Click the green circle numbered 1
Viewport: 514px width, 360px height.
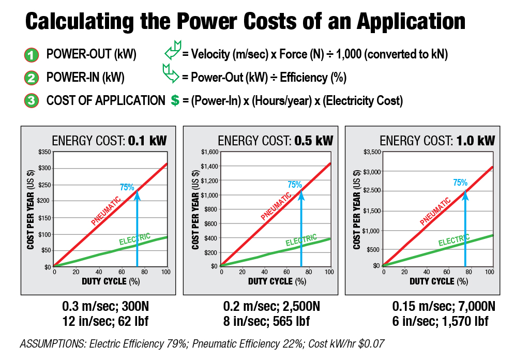[x=31, y=54]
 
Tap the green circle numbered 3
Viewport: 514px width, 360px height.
[x=31, y=100]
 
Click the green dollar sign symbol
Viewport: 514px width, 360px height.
[x=175, y=101]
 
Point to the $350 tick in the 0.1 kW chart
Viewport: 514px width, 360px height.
[x=44, y=152]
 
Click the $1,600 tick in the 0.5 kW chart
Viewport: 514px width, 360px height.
[x=209, y=152]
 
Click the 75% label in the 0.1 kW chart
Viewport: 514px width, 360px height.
[x=127, y=188]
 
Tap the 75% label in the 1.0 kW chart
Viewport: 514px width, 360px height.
[x=460, y=183]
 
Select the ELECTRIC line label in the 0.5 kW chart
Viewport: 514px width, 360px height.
[x=301, y=241]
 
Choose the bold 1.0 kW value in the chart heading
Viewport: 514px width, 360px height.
[x=475, y=141]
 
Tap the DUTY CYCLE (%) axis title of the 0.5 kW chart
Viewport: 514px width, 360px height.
[x=277, y=282]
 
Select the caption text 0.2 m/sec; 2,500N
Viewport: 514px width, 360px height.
[x=271, y=306]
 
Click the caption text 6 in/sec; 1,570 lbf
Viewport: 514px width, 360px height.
[x=441, y=321]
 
